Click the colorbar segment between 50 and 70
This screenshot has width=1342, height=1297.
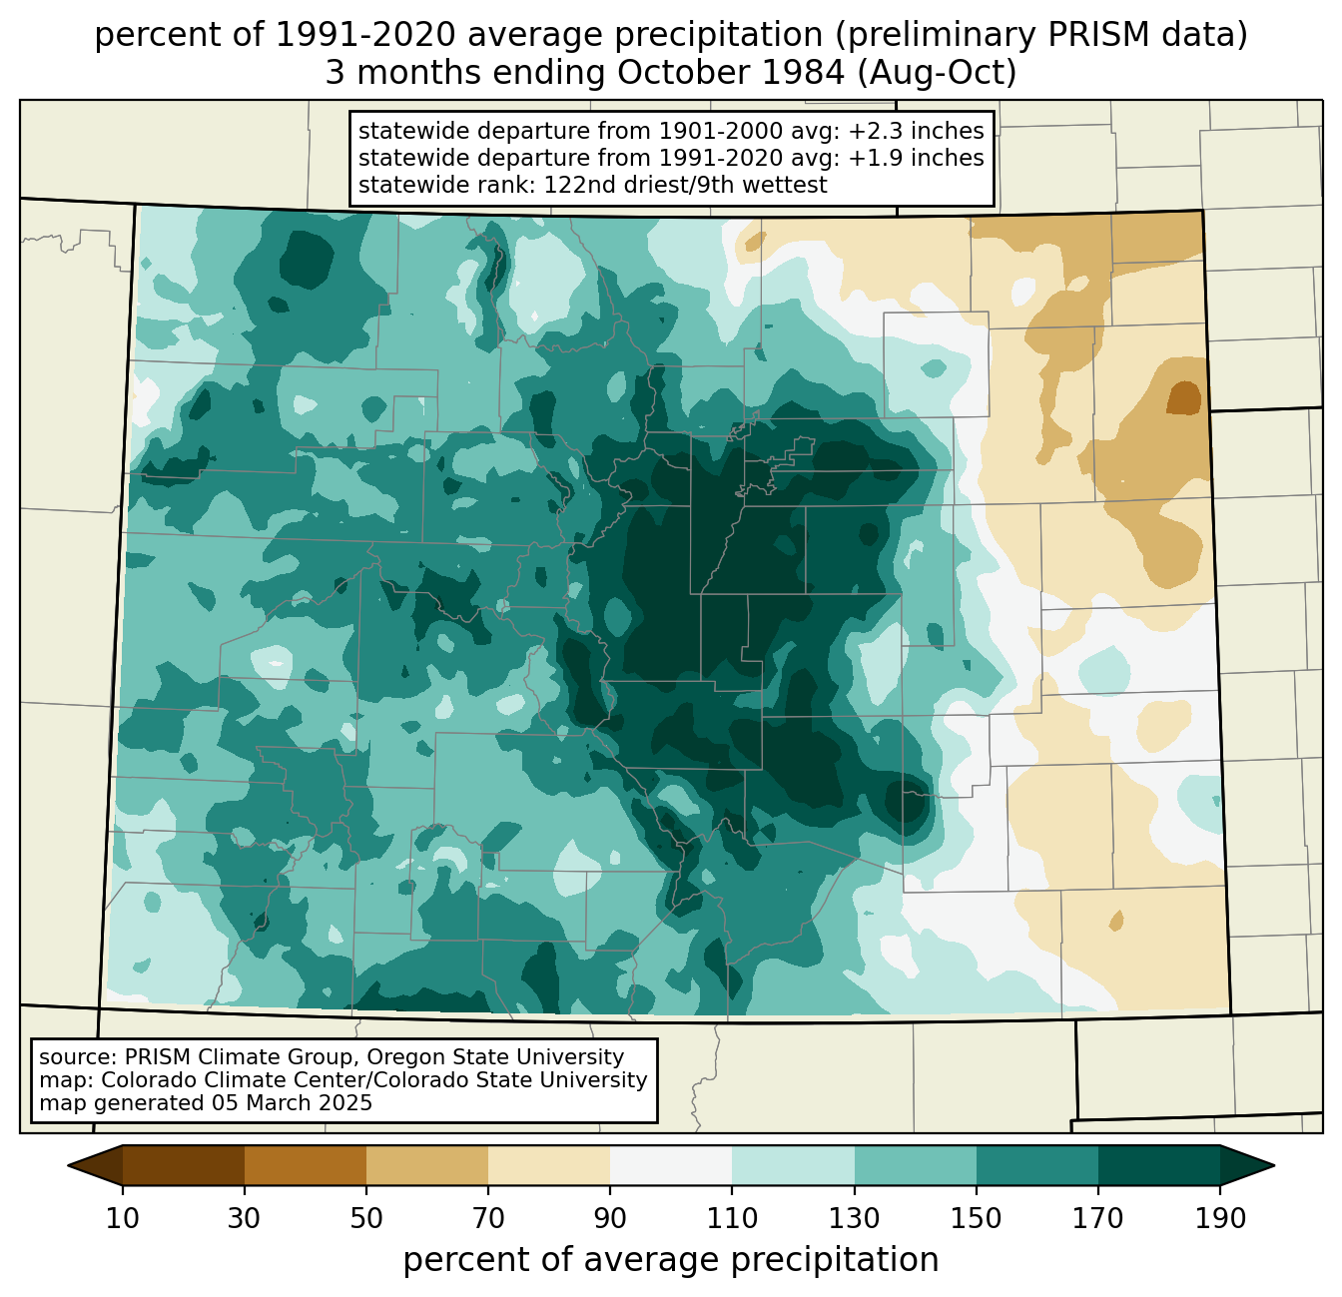427,1165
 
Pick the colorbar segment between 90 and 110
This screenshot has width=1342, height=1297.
671,1165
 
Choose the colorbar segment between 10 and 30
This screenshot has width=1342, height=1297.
184,1165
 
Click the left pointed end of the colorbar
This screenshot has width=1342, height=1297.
68,1165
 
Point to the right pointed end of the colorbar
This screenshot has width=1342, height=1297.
1274,1165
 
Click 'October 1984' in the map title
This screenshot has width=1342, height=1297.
731,73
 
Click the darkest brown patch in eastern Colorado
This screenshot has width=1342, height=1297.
1183,397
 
